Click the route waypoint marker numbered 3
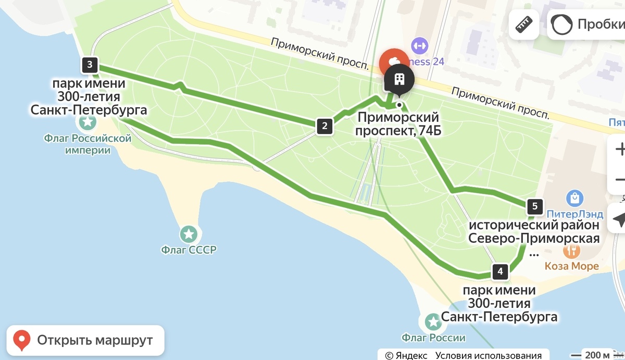[x=90, y=65]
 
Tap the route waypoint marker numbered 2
[x=324, y=126]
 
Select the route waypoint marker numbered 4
[x=500, y=271]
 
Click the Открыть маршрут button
[x=85, y=340]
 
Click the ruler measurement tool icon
[x=524, y=24]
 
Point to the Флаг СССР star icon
[x=188, y=233]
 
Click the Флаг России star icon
[x=433, y=321]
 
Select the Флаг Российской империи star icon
[x=87, y=122]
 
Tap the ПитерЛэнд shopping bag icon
[x=575, y=198]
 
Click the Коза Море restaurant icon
[x=571, y=251]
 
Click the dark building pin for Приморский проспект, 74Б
[x=399, y=80]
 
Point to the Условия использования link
[x=489, y=355]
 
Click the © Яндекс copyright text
[x=406, y=355]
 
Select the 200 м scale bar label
[x=599, y=355]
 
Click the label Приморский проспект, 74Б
[x=398, y=124]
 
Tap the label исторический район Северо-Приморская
[x=534, y=232]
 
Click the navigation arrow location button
[x=619, y=220]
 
